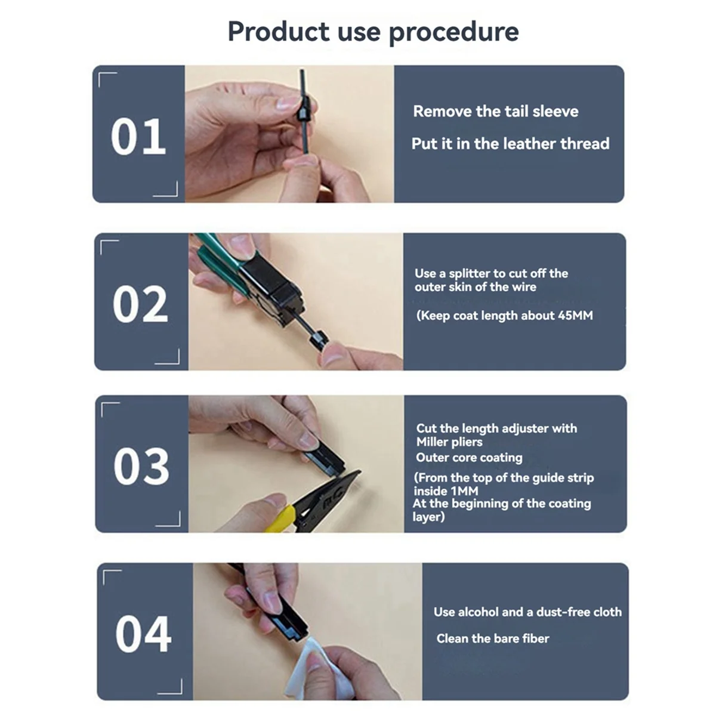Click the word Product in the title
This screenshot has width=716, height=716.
pyautogui.click(x=278, y=31)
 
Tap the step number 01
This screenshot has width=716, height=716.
pyautogui.click(x=138, y=137)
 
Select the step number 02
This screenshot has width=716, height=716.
pyautogui.click(x=140, y=304)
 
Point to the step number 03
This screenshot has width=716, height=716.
pyautogui.click(x=141, y=466)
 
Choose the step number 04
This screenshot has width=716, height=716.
pyautogui.click(x=143, y=634)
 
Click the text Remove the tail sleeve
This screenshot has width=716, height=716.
pyautogui.click(x=495, y=112)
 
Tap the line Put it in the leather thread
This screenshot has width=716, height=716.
pyautogui.click(x=510, y=144)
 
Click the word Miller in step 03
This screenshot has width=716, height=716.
pyautogui.click(x=432, y=442)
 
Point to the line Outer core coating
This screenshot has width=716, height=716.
pyautogui.click(x=469, y=458)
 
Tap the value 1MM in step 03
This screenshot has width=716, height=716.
pyautogui.click(x=464, y=491)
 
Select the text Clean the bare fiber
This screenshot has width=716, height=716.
pyautogui.click(x=492, y=638)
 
